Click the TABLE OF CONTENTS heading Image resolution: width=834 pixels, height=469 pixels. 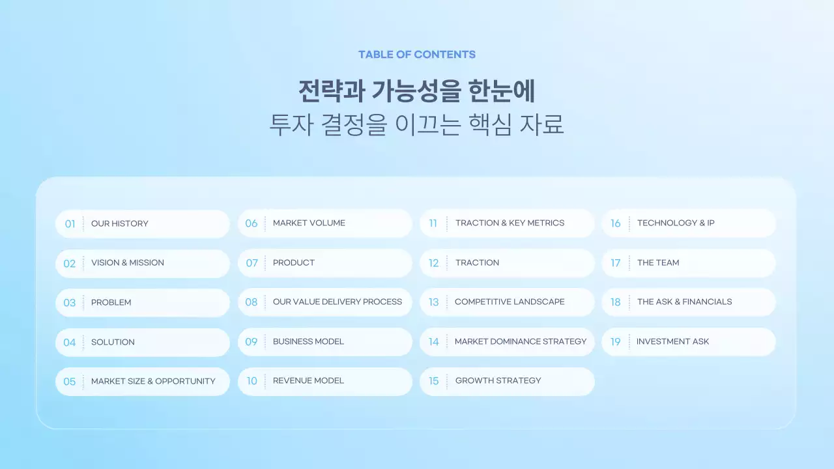tap(417, 55)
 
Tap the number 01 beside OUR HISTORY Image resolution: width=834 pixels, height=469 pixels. tap(70, 224)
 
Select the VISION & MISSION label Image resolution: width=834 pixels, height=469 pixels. tap(128, 263)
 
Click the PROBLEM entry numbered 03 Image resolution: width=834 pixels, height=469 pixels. tap(111, 303)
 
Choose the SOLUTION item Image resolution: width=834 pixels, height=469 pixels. tap(113, 342)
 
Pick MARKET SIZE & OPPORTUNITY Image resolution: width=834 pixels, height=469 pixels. tap(153, 382)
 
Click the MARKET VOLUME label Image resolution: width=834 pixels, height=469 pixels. tap(309, 223)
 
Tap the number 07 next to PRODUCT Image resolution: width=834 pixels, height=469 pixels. tap(252, 263)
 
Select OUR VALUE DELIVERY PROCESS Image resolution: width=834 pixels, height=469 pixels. tap(338, 302)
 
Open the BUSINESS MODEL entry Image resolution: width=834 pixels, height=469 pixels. tap(308, 342)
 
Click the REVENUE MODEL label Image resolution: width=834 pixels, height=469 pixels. tap(308, 381)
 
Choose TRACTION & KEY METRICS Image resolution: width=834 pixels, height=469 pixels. tap(510, 223)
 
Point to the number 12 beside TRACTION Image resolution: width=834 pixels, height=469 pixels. tap(434, 263)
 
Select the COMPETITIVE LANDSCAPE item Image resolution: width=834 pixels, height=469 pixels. tap(510, 302)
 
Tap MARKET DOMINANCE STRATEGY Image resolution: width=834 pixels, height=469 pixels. tap(521, 342)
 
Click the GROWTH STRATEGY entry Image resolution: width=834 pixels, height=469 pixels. tap(498, 381)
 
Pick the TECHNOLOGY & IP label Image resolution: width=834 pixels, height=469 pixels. tap(676, 223)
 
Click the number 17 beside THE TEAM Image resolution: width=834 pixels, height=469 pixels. tap(616, 263)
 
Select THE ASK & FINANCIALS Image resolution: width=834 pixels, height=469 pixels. tap(684, 302)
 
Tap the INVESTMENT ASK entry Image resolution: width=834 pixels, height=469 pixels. tap(672, 342)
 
